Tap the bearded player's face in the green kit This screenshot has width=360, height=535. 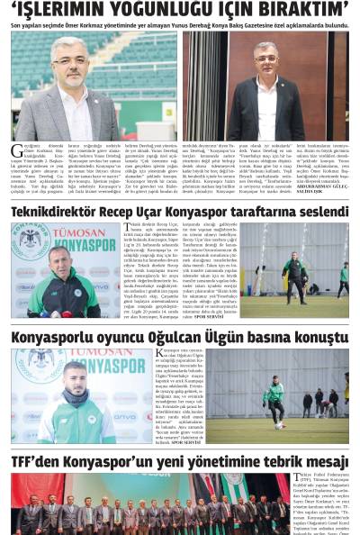[x=76, y=378]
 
